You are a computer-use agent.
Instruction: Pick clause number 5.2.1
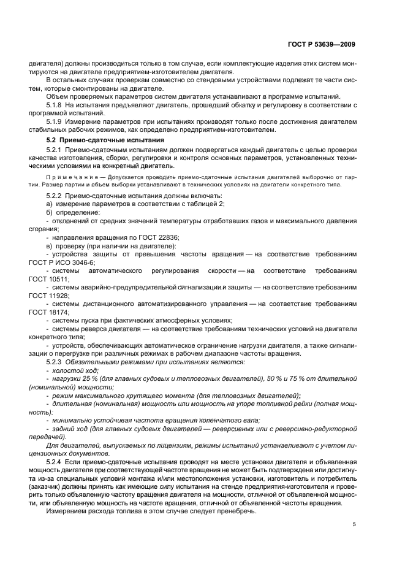(56, 150)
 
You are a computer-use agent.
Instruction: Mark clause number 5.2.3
(56, 362)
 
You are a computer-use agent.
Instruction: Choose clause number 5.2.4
(56, 459)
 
